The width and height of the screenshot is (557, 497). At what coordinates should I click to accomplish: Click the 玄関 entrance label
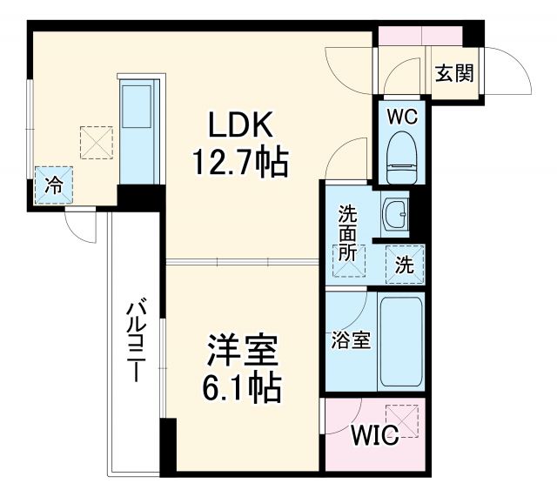tap(453, 74)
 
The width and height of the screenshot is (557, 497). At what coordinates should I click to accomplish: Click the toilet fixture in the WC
tap(400, 156)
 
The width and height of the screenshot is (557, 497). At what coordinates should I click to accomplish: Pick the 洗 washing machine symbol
tap(406, 263)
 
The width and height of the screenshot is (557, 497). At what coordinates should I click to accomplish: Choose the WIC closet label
tap(375, 434)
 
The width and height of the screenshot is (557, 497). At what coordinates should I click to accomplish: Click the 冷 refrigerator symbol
tap(54, 185)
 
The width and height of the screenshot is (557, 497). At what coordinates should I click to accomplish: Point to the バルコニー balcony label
tap(135, 344)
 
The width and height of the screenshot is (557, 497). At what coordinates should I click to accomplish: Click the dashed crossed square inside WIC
tap(405, 420)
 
